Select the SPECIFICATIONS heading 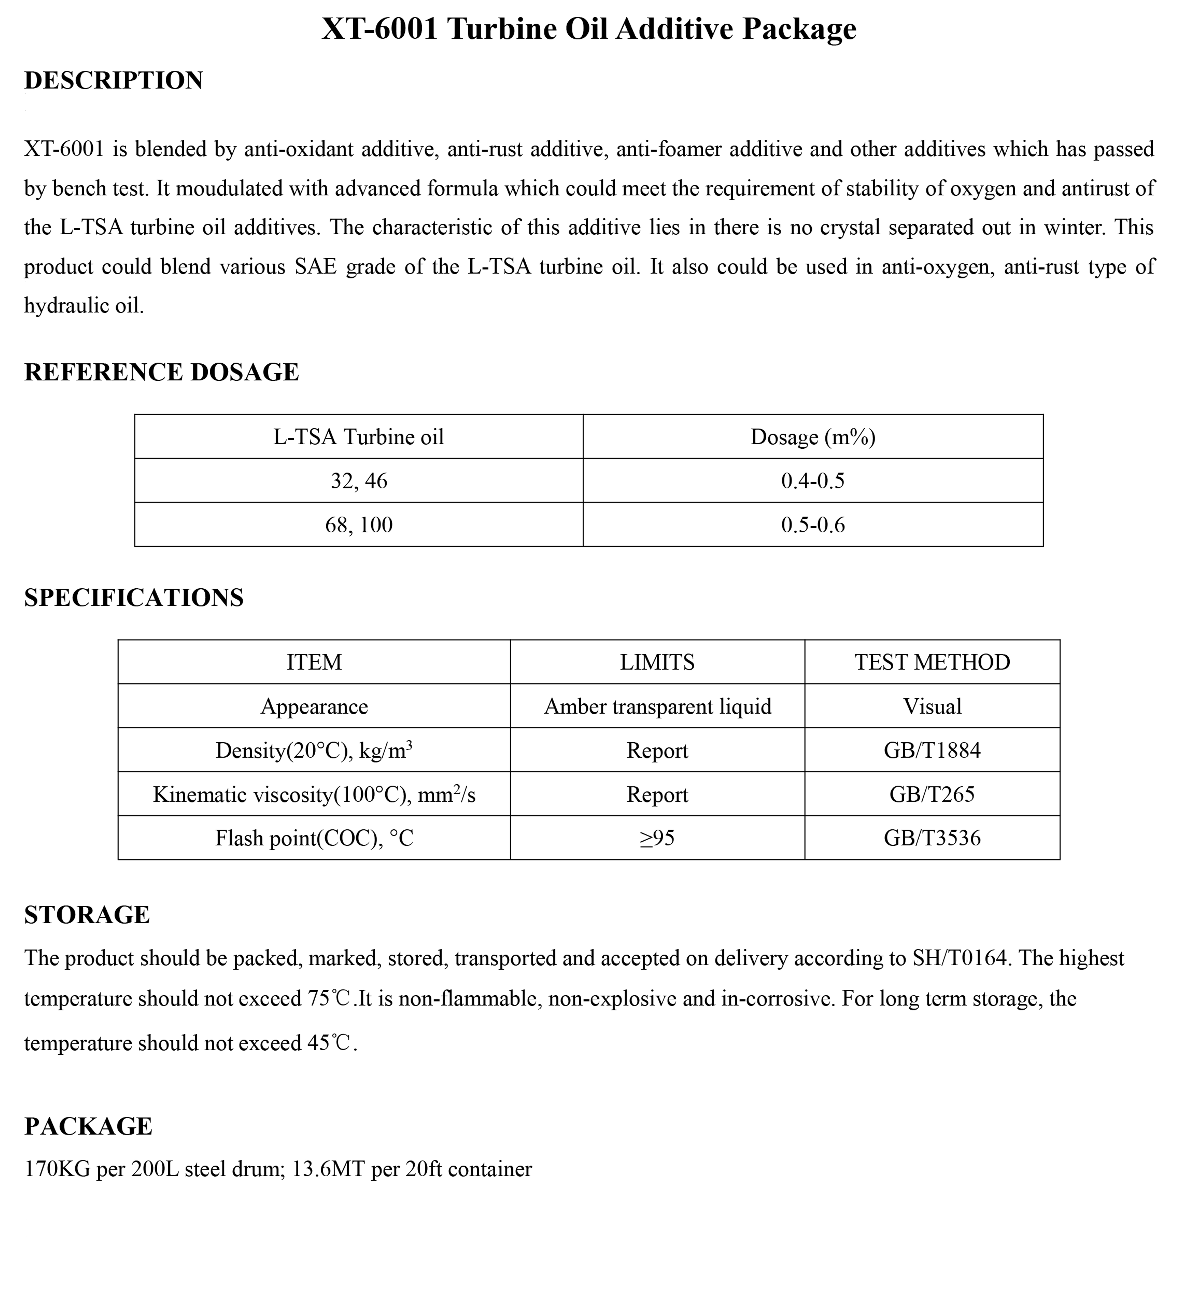[134, 597]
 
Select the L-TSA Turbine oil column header [359, 437]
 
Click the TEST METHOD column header [932, 662]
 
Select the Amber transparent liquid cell [658, 706]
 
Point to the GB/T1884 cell [932, 750]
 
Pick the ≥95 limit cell [658, 838]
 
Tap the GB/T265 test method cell [932, 794]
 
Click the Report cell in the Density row [658, 750]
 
